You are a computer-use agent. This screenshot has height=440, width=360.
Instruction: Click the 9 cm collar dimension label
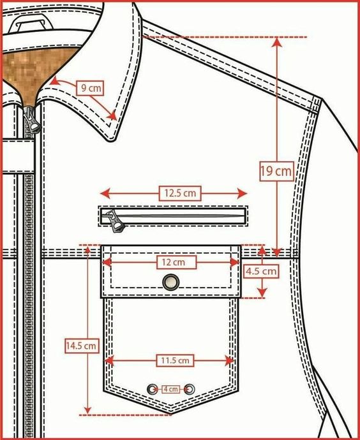point(90,88)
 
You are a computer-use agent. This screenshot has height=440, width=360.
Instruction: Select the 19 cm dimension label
point(276,171)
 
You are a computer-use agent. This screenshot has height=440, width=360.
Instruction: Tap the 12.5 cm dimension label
point(180,193)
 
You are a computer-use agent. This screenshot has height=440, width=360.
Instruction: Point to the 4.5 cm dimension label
point(262,272)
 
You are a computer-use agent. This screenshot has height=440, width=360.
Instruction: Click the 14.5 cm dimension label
point(82,346)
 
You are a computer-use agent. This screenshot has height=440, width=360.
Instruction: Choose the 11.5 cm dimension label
point(175,360)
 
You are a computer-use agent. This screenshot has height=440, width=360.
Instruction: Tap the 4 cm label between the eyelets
point(170,389)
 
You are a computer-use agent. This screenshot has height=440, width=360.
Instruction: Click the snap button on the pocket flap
point(171,282)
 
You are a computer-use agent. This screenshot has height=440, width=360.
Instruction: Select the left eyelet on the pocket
point(152,389)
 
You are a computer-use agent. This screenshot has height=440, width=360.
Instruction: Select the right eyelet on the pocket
point(190,389)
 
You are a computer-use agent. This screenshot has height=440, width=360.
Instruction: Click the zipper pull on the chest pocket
point(115,221)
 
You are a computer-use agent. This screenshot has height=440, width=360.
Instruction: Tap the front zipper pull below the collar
point(31,120)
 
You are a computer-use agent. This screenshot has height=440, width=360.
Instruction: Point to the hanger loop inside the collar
point(30,23)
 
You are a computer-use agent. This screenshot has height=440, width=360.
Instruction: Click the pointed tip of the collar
point(112,141)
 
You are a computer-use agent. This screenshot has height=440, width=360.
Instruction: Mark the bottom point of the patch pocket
point(171,413)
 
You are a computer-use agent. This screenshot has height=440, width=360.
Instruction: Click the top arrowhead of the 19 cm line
point(277,42)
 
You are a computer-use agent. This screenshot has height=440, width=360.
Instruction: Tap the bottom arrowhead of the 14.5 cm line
point(88,410)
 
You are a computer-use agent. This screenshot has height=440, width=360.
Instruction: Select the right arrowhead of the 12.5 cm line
point(242,193)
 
